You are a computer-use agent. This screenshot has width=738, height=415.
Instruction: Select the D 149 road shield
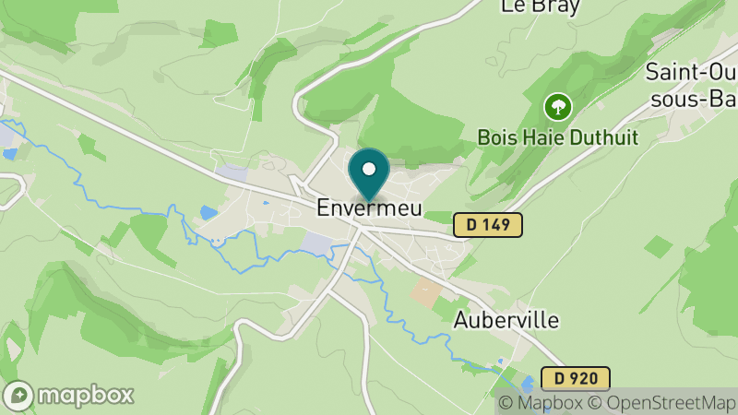488,224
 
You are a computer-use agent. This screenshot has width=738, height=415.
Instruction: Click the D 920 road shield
576,378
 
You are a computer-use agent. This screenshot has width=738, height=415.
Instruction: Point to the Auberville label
506,321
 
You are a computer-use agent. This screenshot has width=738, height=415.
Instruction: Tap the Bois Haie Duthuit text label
557,136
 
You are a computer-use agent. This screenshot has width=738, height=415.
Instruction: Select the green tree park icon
557,107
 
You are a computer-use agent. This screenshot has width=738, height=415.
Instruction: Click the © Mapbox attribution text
542,403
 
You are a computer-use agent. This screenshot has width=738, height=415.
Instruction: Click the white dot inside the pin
369,169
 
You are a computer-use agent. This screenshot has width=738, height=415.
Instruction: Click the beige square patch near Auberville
425,293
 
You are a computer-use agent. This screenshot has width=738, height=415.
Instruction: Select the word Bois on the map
495,136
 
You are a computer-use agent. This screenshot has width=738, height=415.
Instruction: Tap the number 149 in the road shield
495,224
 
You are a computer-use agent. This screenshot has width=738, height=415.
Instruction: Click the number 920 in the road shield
583,378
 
